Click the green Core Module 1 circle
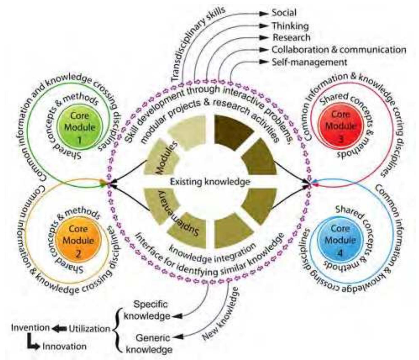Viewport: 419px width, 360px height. point(79,127)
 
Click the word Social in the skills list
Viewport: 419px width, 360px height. point(284,13)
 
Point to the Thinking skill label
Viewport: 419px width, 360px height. point(290,26)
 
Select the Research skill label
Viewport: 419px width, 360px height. point(291,38)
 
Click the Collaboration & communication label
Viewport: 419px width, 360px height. point(339,50)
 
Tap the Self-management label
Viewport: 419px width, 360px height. point(309,62)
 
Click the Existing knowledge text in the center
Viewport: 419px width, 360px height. point(210,182)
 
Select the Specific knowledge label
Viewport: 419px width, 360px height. point(147,310)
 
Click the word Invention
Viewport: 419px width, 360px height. point(30,328)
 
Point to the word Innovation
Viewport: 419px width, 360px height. point(64,347)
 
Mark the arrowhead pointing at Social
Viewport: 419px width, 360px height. point(263,13)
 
